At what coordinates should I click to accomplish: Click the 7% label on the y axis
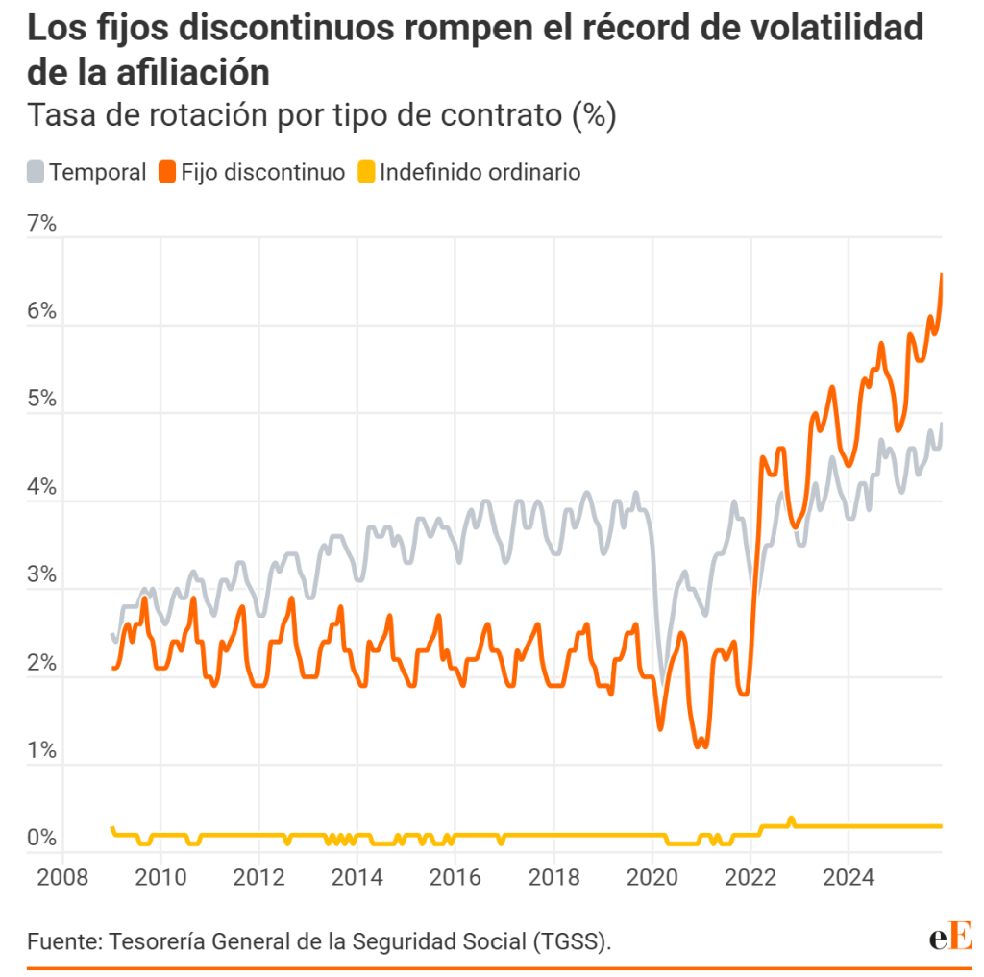[x=41, y=224]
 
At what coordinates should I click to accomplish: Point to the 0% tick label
[x=41, y=838]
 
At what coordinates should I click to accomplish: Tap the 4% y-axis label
[x=41, y=487]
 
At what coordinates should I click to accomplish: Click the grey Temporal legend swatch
[x=36, y=173]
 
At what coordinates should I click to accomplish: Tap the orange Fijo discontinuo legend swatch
[x=167, y=173]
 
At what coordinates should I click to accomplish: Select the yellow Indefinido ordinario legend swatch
[x=366, y=173]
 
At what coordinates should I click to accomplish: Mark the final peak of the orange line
[x=942, y=275]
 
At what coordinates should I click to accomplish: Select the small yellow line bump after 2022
[x=791, y=818]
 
